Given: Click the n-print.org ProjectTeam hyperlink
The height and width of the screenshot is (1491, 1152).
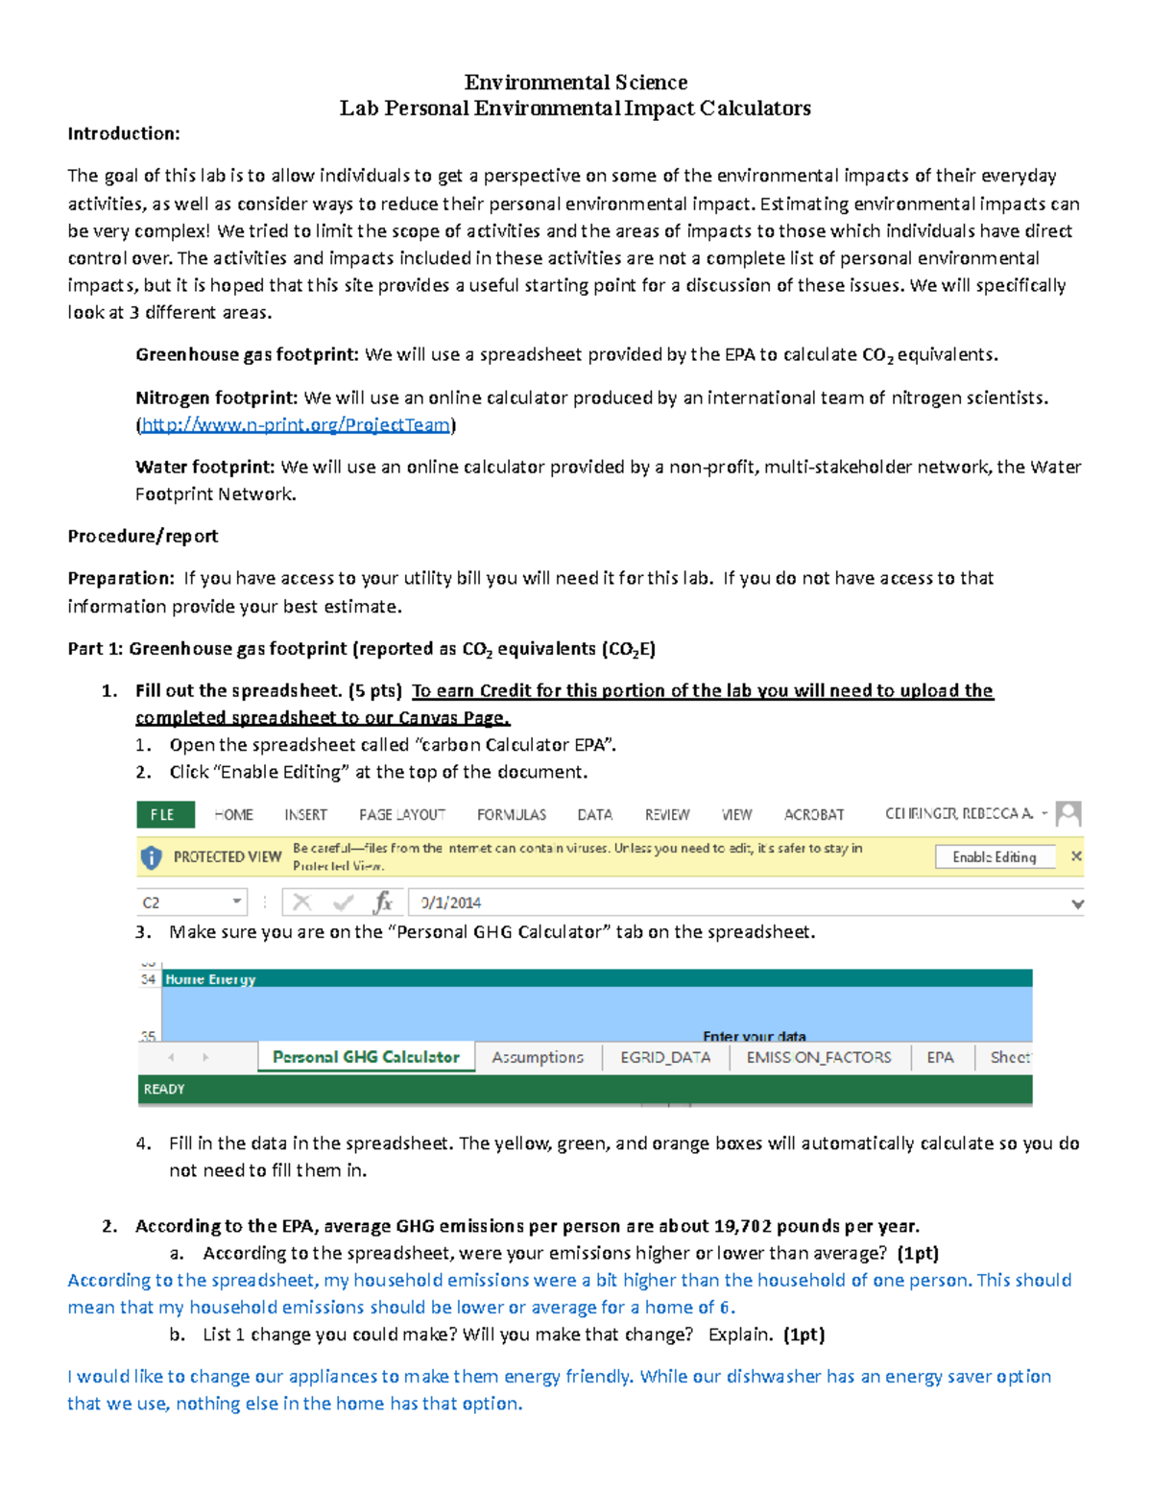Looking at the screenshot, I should point(296,424).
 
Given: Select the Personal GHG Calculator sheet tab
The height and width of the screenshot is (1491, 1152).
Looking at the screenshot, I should point(366,1057).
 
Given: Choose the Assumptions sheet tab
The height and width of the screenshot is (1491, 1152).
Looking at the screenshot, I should point(538,1057).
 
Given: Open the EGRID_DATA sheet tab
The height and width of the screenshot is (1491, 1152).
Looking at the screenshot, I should point(665,1057).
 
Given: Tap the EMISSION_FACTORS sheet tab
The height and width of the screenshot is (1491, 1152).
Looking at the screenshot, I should point(819,1057).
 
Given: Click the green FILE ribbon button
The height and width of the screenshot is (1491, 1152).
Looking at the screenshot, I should point(164,814).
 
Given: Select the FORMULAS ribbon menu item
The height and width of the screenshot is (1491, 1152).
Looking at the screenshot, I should point(511,814).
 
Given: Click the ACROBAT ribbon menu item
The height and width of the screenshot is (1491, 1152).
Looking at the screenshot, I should point(814,814).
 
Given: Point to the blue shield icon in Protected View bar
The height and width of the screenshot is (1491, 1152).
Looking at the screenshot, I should point(152,857).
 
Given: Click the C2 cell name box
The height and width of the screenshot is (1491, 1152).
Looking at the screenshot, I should point(182,902).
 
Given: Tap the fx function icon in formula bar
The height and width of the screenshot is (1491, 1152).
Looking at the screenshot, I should point(383,902).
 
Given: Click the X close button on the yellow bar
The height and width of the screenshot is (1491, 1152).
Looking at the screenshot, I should point(1076,856).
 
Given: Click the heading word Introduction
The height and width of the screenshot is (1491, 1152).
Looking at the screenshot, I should point(124,133).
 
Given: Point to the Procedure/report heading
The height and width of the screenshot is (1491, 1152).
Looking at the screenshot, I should point(143,536).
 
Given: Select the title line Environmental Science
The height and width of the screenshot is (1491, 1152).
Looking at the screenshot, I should point(575,83).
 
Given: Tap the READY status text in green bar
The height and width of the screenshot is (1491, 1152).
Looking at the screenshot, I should point(164,1089).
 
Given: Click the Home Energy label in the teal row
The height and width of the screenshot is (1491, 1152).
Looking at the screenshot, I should point(210,979).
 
